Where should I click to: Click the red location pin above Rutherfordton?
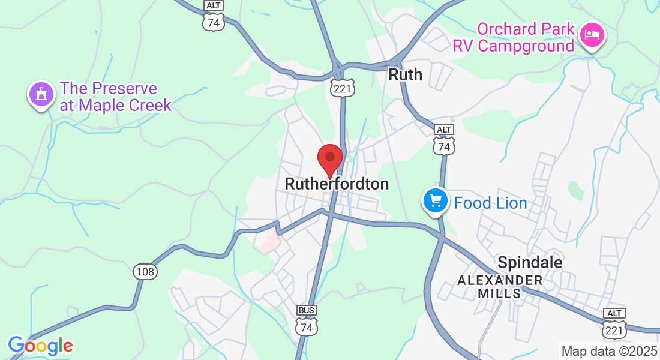pos(329,158)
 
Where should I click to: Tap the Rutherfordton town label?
pos(337,184)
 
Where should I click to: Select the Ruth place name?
pos(406,74)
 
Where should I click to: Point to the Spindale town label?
pos(530,262)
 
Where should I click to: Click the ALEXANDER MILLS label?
pos(500,287)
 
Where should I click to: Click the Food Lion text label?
pos(490,203)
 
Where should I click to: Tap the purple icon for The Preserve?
pos(41,94)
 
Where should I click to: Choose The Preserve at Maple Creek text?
pos(115,97)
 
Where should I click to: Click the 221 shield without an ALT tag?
pos(343,88)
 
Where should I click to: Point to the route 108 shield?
pos(145,272)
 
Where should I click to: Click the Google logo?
pos(40,346)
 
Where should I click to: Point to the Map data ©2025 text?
pos(609,351)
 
